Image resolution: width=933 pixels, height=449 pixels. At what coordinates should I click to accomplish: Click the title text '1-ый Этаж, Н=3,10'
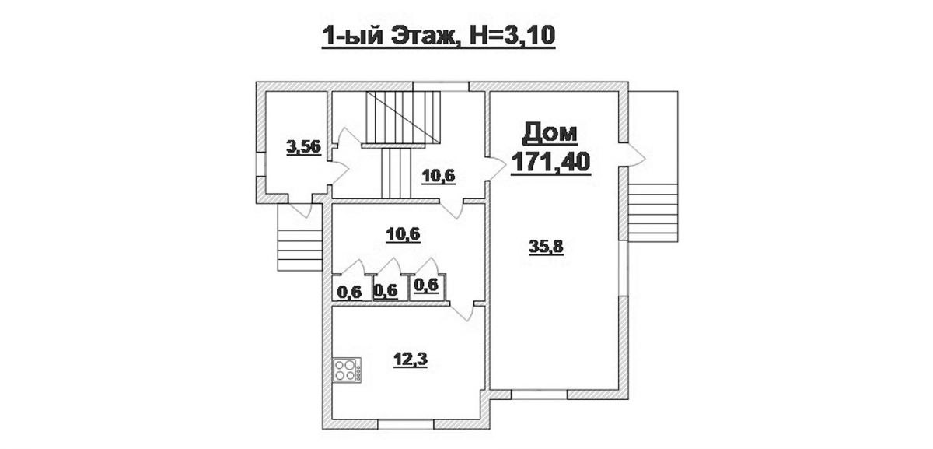[439, 37]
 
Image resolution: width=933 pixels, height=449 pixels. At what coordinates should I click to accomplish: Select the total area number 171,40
[550, 162]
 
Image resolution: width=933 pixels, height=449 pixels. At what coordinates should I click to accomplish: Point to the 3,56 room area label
[304, 148]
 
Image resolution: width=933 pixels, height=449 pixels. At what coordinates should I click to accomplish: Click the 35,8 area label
[546, 247]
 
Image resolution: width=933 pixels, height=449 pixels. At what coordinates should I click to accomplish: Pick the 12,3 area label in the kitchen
[411, 360]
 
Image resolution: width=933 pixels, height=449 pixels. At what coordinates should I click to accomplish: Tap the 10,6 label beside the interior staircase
[439, 177]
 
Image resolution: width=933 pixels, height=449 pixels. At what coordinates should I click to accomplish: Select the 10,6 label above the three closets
[403, 235]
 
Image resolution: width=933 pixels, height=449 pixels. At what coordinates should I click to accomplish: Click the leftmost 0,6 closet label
[349, 293]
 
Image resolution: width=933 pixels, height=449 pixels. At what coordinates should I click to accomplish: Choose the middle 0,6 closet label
[386, 290]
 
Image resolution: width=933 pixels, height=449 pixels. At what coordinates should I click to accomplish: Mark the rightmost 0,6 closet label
[427, 285]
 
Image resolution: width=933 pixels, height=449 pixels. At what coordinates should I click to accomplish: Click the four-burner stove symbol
[347, 370]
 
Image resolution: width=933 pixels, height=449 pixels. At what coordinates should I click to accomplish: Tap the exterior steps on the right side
[652, 212]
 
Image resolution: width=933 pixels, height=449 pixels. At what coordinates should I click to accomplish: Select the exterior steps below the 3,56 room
[299, 250]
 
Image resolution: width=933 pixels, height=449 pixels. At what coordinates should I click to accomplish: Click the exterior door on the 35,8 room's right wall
[632, 155]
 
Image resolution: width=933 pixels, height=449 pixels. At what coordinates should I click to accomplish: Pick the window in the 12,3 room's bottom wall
[406, 424]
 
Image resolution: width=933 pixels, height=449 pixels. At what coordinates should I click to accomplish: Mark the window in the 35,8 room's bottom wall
[540, 395]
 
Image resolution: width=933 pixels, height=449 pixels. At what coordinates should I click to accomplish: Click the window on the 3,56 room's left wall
[260, 164]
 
